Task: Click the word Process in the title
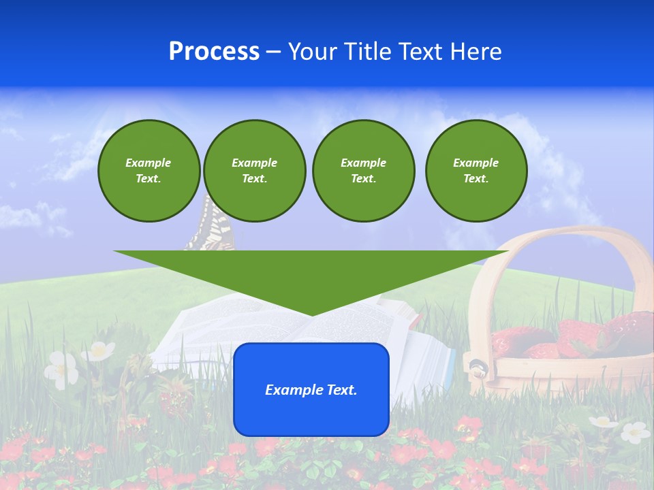point(214,52)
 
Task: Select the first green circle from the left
point(149,171)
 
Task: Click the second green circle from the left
point(254,171)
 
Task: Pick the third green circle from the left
point(363,171)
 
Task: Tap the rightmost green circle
point(476,171)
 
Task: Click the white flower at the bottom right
point(635,431)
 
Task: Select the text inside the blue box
point(311,390)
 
